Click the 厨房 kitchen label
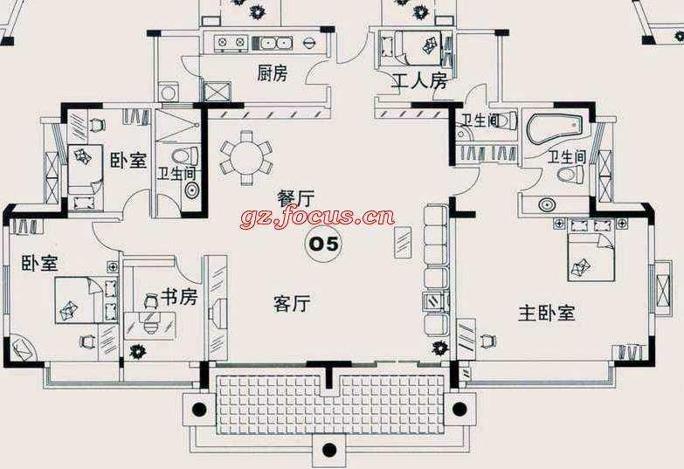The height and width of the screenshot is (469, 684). pyautogui.click(x=272, y=74)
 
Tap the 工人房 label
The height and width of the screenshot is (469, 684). pyautogui.click(x=419, y=82)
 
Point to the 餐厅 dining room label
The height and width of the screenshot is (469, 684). pyautogui.click(x=295, y=198)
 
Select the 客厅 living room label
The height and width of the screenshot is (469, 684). pyautogui.click(x=292, y=304)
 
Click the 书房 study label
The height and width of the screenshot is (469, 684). pyautogui.click(x=180, y=297)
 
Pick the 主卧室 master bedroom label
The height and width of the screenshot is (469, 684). pyautogui.click(x=547, y=313)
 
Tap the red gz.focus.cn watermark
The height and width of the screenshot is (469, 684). pyautogui.click(x=317, y=217)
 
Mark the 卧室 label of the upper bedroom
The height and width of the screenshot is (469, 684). pyautogui.click(x=128, y=162)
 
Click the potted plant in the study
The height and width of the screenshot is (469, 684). pyautogui.click(x=136, y=352)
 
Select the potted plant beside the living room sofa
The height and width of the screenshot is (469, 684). pyautogui.click(x=439, y=349)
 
